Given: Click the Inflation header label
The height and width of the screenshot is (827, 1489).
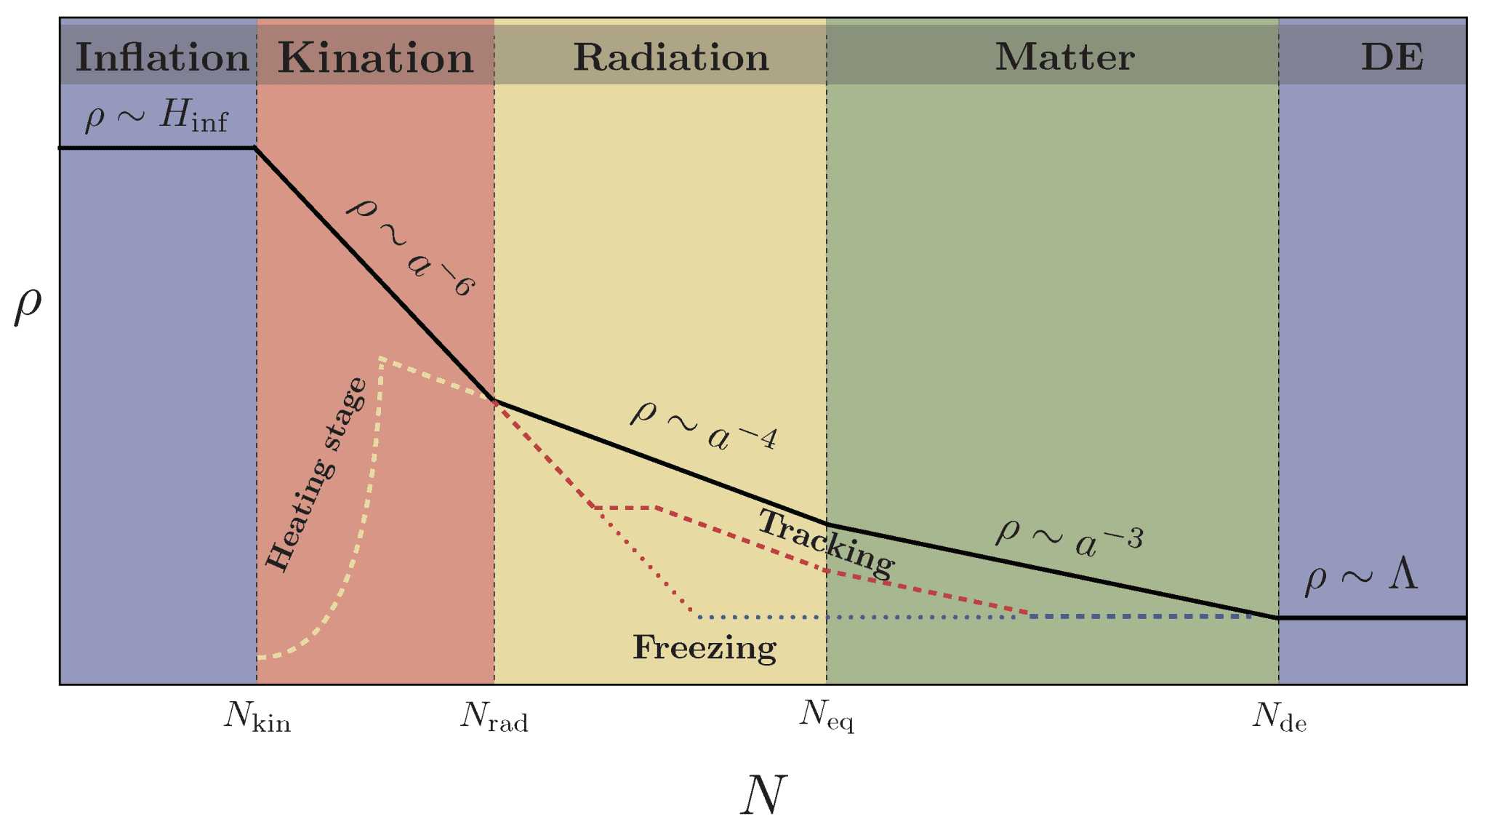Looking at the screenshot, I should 162,57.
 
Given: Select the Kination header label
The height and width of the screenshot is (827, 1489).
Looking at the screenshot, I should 375,57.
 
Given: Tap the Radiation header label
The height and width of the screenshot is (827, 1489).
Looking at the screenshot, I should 670,57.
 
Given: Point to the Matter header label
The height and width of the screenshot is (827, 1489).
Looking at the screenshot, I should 1064,57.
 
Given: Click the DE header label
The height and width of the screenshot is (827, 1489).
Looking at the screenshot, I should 1392,57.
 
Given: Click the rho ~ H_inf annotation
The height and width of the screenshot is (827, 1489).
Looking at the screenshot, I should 156,116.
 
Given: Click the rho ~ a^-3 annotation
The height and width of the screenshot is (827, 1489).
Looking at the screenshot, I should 1069,538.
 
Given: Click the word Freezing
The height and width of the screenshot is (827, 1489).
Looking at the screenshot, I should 705,647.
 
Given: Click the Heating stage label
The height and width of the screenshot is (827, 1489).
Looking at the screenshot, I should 314,474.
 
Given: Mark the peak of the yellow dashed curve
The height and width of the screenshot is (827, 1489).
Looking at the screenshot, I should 380,358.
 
